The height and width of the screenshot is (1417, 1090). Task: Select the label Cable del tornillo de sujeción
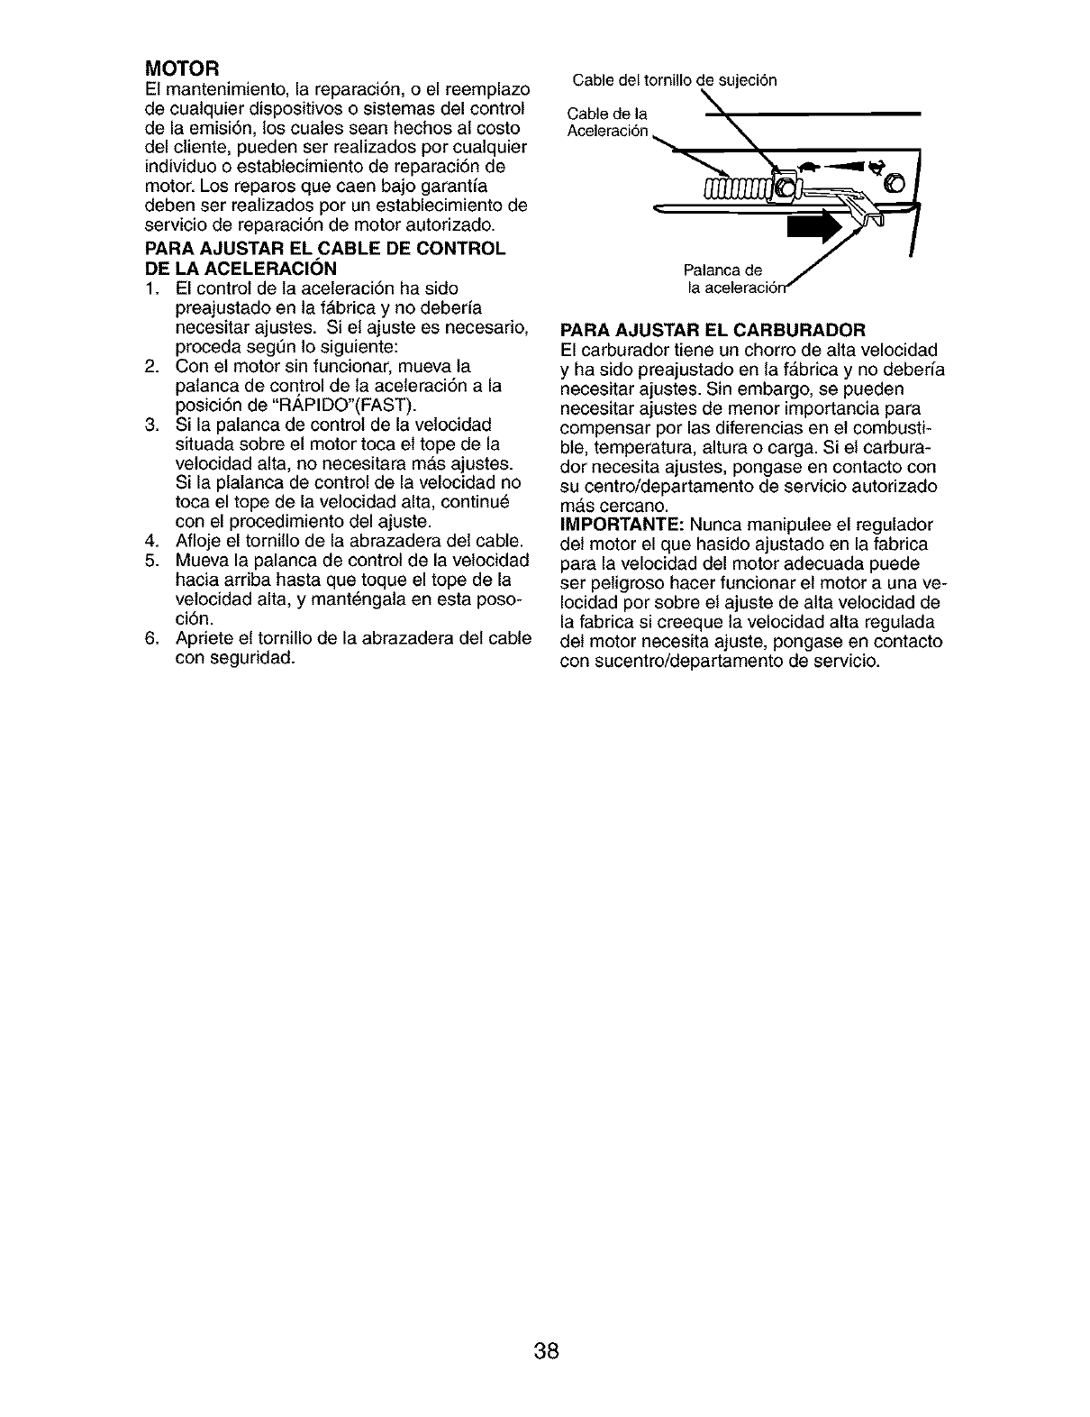click(674, 79)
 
